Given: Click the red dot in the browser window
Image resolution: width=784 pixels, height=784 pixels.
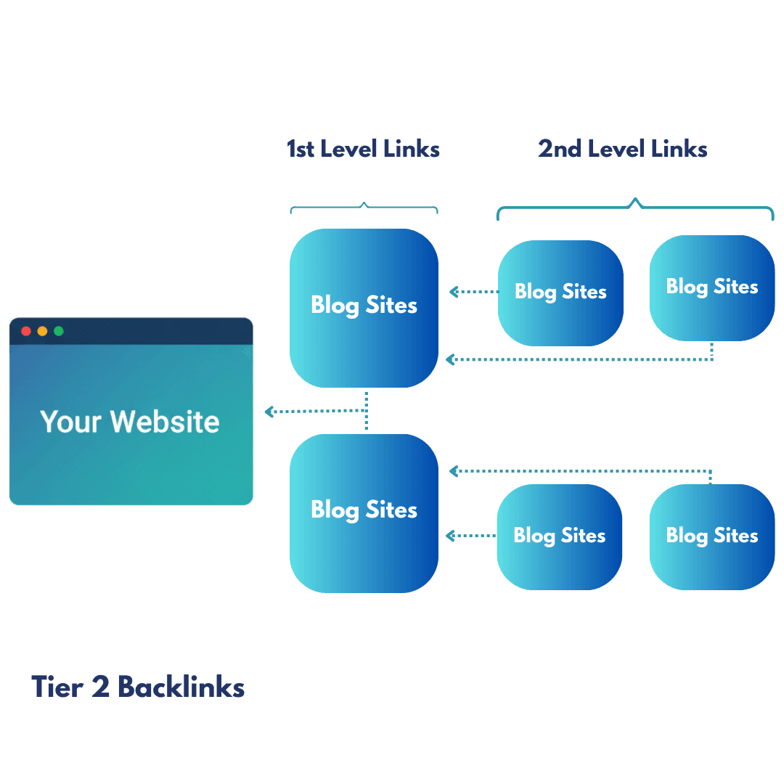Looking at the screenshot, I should point(26,331).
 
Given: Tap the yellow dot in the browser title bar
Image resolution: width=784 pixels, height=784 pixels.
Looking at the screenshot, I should point(42,331).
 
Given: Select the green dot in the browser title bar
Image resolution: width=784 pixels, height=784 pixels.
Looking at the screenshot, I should point(59,331).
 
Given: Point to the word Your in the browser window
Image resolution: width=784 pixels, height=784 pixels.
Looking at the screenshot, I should point(70,422).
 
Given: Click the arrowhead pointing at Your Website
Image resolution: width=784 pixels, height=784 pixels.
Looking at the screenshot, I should point(269,412).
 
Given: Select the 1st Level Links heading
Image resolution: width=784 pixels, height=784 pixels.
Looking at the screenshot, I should point(363,149).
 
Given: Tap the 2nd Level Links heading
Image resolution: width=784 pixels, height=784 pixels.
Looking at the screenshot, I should point(622,149).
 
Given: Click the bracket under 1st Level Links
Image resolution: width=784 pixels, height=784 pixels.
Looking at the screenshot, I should point(364,209).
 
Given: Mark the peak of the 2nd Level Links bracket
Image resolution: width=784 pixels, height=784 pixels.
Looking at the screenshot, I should point(636,200).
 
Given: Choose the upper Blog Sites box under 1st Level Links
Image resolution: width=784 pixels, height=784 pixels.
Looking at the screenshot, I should point(364,308).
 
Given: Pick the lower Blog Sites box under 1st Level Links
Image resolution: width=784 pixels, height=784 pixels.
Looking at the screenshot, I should point(364,513).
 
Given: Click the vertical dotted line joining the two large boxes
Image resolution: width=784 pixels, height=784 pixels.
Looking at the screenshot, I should point(367,411).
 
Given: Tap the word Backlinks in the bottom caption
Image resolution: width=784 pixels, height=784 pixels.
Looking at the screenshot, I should point(181,687).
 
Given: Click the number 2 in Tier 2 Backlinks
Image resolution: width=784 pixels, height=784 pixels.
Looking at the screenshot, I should point(100,687).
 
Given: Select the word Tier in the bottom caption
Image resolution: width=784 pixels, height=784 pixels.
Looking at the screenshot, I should point(59,687).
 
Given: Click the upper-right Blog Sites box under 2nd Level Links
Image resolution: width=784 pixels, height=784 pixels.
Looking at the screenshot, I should point(711,287).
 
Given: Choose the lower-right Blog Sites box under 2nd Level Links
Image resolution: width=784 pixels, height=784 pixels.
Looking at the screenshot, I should point(711,536).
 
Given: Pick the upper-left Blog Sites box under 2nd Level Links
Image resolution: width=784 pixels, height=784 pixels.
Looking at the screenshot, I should point(560,293).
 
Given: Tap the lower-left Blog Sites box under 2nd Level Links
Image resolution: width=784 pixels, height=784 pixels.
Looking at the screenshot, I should point(559,536).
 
